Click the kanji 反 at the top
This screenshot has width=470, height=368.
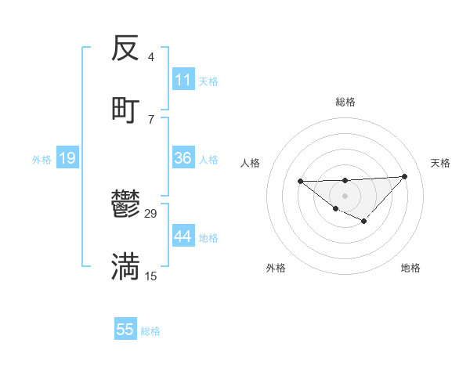tap(126, 49)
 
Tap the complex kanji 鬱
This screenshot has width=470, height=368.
tap(126, 205)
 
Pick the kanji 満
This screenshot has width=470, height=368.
tap(126, 266)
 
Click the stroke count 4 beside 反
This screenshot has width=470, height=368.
tap(150, 58)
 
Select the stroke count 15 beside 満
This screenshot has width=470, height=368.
tap(151, 276)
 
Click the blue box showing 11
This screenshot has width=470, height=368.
tap(183, 80)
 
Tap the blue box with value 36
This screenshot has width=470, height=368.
tap(183, 158)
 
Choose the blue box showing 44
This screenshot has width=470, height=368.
tap(183, 236)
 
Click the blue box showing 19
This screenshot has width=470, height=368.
tap(67, 158)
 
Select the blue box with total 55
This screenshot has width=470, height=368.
tap(125, 330)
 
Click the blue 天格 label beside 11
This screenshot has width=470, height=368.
tap(208, 81)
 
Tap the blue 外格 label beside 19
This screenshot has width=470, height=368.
tap(42, 159)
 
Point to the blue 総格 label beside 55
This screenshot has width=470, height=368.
tap(150, 330)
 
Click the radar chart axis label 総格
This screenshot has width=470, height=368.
tap(345, 102)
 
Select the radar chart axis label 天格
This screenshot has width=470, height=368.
tap(440, 163)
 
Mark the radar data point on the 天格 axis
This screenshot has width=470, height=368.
tap(404, 176)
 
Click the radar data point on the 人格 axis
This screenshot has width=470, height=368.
tap(300, 182)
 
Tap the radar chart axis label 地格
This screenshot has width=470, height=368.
tap(410, 268)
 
